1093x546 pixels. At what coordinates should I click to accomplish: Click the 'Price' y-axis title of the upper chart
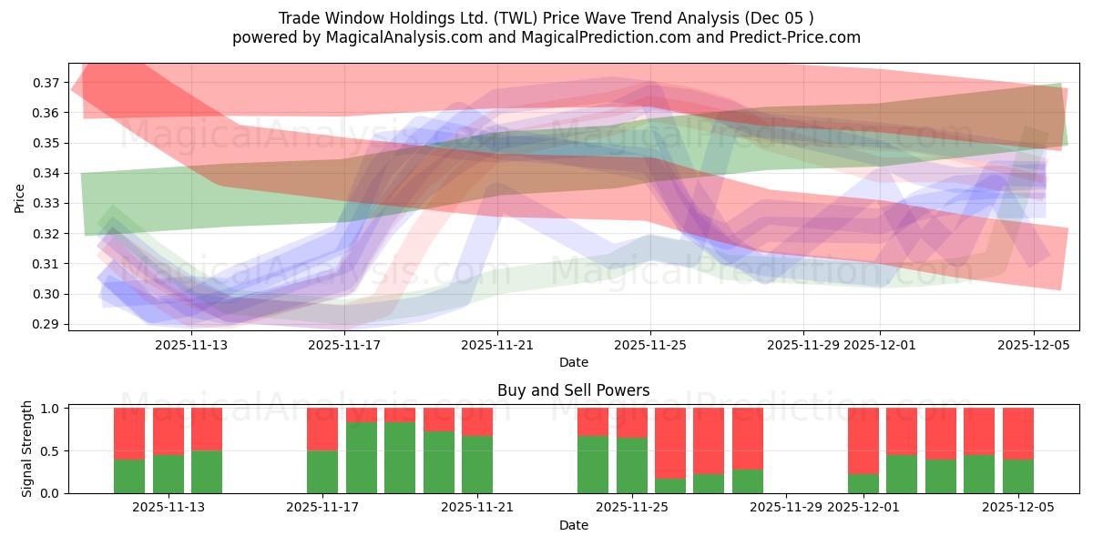(20, 197)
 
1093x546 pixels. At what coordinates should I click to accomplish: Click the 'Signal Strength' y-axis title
(27, 449)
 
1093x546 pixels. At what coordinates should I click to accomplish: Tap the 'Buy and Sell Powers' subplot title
(573, 390)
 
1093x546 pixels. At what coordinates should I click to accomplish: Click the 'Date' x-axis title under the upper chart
(573, 362)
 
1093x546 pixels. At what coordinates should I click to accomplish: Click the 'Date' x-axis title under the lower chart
(573, 525)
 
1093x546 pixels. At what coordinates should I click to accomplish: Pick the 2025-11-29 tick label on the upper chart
(802, 345)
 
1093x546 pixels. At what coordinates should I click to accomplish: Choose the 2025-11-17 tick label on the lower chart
(322, 508)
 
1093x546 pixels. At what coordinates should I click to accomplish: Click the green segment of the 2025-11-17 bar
(322, 472)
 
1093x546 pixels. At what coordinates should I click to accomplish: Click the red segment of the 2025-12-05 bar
(1017, 433)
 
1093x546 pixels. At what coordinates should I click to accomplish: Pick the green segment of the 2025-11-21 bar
(477, 465)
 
